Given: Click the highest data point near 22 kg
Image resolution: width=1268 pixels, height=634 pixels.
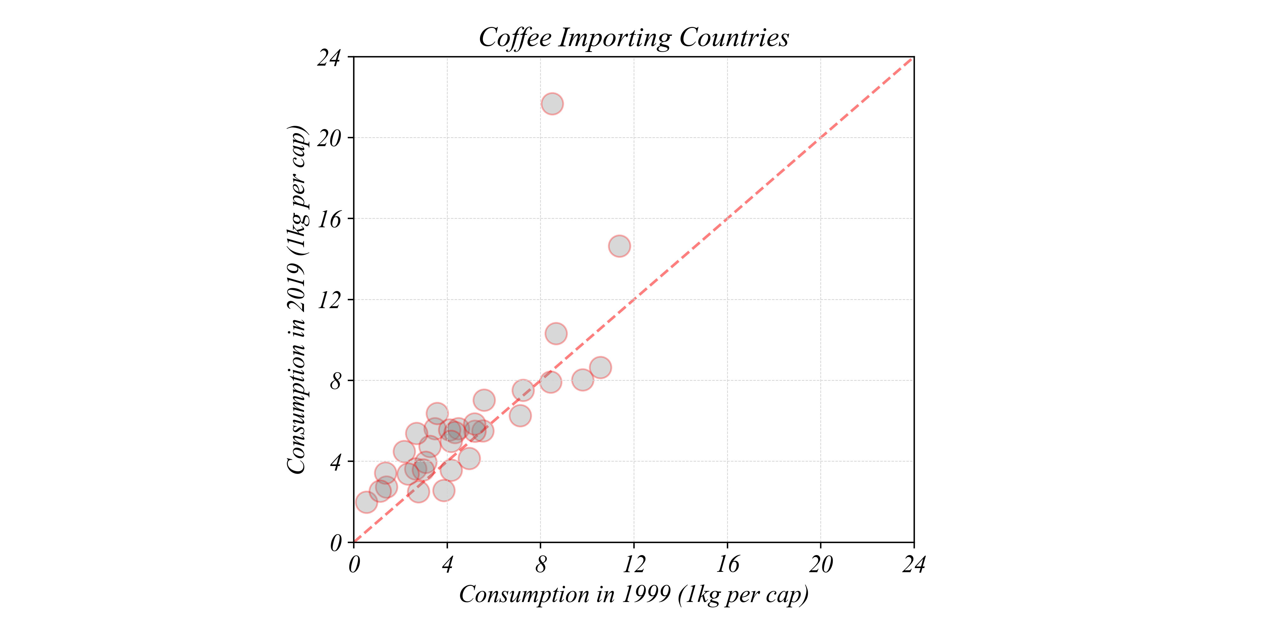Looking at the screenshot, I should [552, 104].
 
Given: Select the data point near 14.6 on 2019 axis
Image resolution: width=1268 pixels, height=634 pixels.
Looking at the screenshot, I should [619, 246].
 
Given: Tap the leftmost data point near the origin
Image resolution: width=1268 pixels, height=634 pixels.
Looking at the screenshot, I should [366, 502].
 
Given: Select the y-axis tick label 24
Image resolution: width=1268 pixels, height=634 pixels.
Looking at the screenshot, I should [329, 58].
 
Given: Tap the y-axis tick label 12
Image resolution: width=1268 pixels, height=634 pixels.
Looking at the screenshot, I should [329, 300].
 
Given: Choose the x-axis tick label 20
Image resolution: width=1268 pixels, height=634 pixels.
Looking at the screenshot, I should [821, 565].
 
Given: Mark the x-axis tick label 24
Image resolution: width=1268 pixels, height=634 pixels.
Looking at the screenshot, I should [914, 565].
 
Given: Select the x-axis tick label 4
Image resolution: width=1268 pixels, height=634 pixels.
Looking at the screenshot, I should [447, 565].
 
